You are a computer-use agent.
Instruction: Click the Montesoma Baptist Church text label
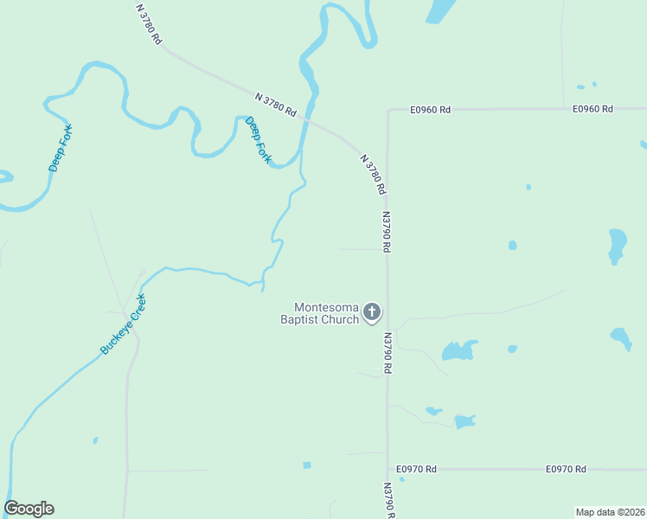tap(326, 313)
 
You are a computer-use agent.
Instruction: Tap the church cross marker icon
tap(372, 312)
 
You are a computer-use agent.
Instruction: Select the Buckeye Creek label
tap(124, 324)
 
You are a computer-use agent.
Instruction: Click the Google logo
tap(29, 509)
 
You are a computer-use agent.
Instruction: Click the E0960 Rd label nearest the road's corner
tap(431, 110)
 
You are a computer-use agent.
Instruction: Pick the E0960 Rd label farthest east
tap(593, 109)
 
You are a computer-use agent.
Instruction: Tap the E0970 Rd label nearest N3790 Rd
tap(416, 469)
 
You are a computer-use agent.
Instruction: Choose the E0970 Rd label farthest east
tap(566, 469)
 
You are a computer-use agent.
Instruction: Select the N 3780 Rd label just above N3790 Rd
tap(373, 173)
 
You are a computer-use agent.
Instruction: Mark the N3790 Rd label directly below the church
tap(388, 352)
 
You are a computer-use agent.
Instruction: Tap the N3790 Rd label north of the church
tap(386, 232)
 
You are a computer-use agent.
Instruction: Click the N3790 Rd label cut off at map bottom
tap(388, 501)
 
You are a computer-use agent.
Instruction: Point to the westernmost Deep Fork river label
tap(61, 148)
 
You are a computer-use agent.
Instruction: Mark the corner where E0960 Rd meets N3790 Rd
tap(388, 111)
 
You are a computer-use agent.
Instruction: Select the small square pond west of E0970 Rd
tap(307, 465)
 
